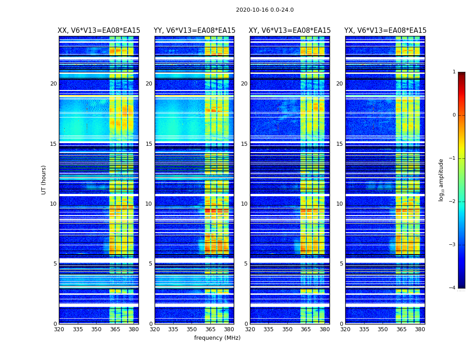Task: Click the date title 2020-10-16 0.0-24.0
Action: [x=265, y=10]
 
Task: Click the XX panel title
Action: [x=99, y=31]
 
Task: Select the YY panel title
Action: [x=194, y=31]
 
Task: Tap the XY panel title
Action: [x=290, y=31]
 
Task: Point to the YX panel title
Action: [x=385, y=31]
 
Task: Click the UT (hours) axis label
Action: [x=44, y=180]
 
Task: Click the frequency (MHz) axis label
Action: [x=217, y=338]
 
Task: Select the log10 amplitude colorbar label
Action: [x=441, y=180]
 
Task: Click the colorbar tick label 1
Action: [x=454, y=72]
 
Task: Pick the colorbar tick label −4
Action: [x=453, y=288]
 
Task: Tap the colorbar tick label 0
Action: [x=454, y=115]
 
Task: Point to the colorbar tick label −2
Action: [x=453, y=202]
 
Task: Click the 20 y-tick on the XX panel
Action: [x=53, y=84]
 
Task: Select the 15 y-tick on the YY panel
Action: [x=149, y=144]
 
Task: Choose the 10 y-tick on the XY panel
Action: [x=244, y=204]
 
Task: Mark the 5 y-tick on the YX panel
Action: [x=341, y=264]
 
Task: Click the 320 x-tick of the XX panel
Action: [x=59, y=329]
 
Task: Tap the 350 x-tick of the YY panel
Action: [x=192, y=329]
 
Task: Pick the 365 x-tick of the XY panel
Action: [x=306, y=329]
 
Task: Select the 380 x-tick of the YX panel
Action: [x=420, y=329]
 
